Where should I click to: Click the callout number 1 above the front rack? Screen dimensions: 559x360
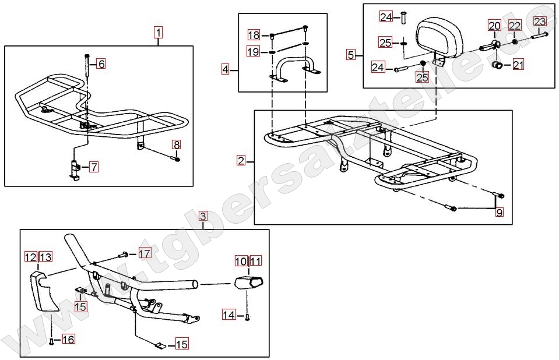point(158,33)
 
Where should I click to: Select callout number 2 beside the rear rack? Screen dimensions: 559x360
point(241,161)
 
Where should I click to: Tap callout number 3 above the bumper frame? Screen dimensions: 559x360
point(203,216)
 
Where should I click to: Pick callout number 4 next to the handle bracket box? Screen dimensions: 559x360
point(226,69)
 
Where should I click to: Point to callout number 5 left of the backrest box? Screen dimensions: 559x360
point(351,55)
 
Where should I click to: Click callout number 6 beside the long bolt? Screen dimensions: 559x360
point(101,64)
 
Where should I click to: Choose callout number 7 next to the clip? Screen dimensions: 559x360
point(94,167)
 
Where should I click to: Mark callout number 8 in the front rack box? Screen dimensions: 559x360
point(177,144)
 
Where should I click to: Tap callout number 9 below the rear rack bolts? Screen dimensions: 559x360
point(500,213)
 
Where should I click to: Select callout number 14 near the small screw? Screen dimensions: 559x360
point(229,315)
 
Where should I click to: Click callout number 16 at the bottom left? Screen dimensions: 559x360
point(68,339)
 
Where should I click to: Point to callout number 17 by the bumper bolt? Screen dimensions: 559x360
point(145,253)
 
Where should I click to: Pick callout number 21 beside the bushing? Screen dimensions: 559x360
point(518,65)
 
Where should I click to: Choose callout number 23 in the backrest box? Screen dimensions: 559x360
point(540,22)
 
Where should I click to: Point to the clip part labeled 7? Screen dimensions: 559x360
point(74,170)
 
